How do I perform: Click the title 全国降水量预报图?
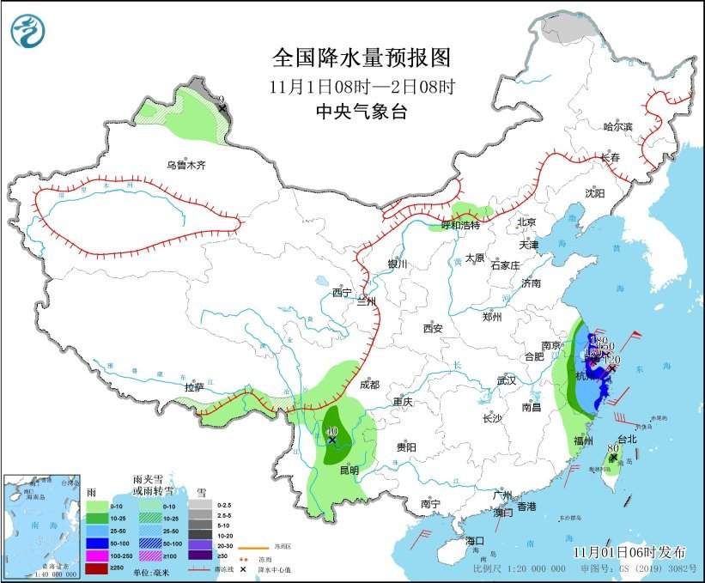point(361,58)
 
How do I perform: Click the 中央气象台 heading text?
point(361,112)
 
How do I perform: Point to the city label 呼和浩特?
point(463,225)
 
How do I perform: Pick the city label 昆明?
point(349,471)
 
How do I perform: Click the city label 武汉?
point(506,380)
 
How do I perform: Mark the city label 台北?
point(627,439)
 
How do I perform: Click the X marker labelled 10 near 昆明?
point(332,440)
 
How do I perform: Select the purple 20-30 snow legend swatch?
point(199,544)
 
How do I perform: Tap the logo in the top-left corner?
point(27,31)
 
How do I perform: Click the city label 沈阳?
point(595,193)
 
